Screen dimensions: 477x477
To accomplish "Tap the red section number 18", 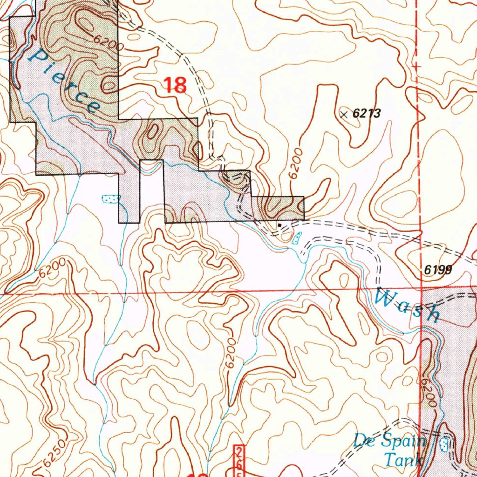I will point(175,85).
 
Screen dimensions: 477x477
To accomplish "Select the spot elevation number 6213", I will point(367,113).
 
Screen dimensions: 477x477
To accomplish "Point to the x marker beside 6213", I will point(344,114).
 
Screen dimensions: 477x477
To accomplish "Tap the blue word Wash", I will point(408,305).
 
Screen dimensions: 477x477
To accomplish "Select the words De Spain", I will point(389,440).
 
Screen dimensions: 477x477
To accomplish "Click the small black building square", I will point(279,225).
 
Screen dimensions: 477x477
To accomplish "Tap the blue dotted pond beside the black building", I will point(296,239).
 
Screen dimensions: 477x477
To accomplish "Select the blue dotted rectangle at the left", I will point(110,199).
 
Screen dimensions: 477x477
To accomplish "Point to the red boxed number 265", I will point(239,459).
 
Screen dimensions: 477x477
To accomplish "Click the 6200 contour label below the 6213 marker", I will point(295,164).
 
